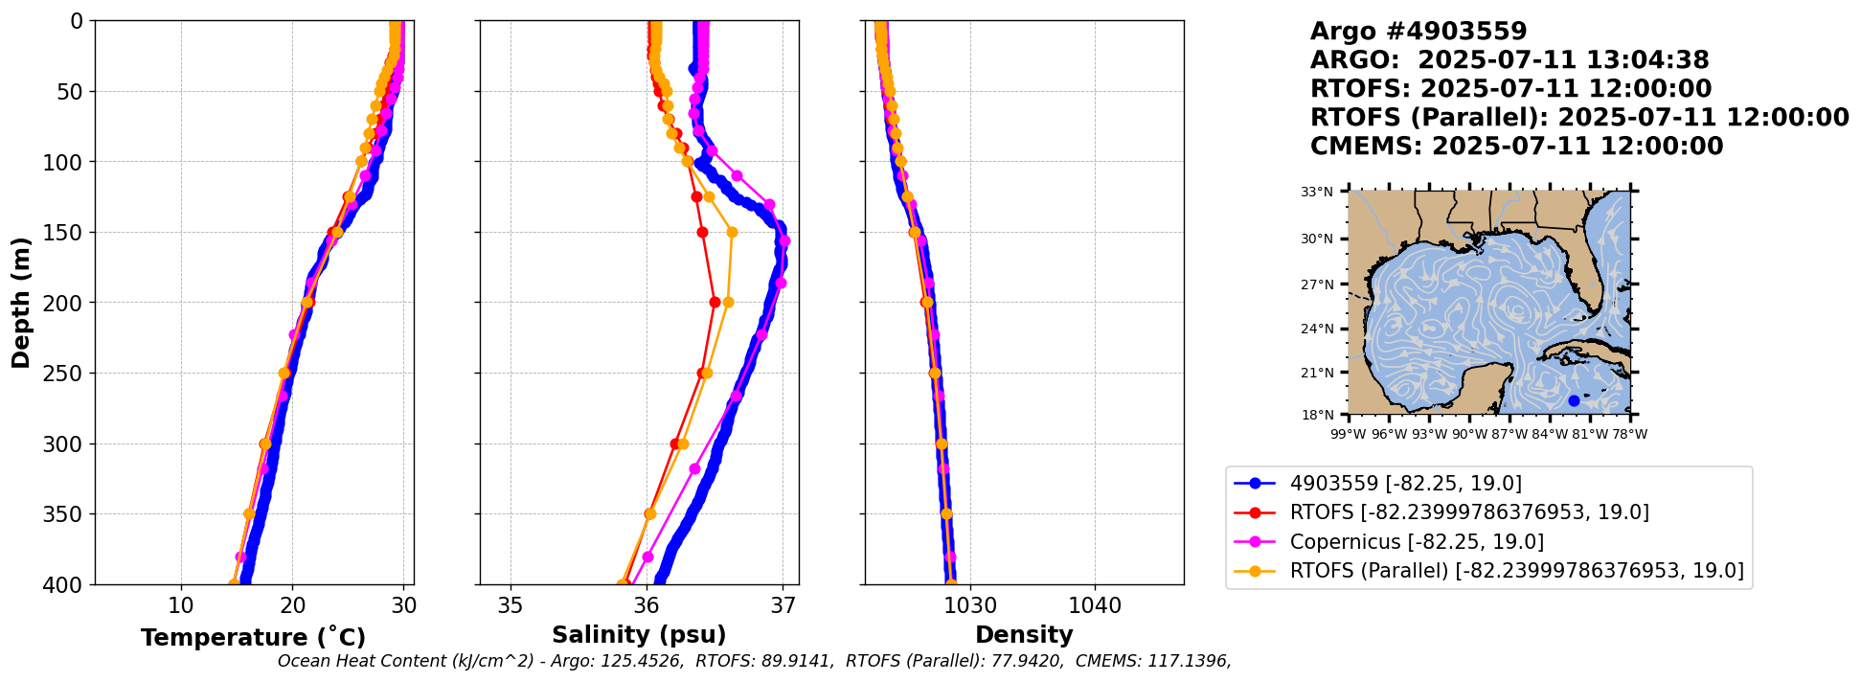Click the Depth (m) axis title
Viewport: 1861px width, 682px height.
[x=21, y=303]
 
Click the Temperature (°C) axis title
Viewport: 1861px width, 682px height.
[x=253, y=638]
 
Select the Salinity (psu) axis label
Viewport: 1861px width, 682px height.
[x=639, y=635]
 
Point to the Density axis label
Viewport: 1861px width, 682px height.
[x=1024, y=635]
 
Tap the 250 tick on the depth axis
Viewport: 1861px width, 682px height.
[x=71, y=374]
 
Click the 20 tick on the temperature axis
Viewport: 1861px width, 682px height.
[x=293, y=605]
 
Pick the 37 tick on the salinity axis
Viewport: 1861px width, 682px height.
[x=783, y=605]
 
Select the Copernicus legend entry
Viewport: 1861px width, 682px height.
[x=1417, y=542]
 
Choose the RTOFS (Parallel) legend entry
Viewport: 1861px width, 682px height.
[x=1516, y=571]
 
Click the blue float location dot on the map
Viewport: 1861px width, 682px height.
[x=1574, y=400]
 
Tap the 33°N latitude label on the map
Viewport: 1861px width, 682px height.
[x=1317, y=193]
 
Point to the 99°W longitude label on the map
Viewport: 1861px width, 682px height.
[x=1349, y=434]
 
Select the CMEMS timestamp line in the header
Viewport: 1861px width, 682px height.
[x=1516, y=147]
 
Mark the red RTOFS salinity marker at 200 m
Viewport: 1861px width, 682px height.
[x=715, y=302]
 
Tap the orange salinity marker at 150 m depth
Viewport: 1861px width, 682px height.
[x=732, y=232]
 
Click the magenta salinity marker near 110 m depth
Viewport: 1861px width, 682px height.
[x=737, y=175]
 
